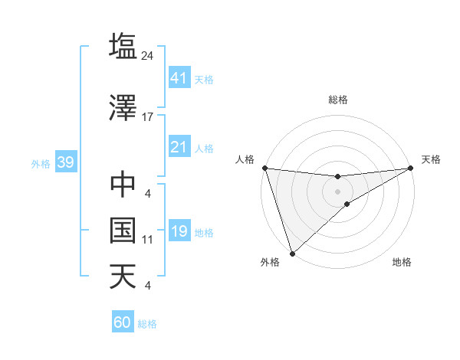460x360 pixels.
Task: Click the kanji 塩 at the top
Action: point(123,45)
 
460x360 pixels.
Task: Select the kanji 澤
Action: point(123,109)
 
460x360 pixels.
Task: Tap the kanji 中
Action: point(123,185)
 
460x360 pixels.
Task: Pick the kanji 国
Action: point(123,230)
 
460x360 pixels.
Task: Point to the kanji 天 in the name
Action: point(123,276)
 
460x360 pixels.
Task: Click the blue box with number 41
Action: point(179,78)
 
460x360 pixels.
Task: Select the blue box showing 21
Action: point(179,147)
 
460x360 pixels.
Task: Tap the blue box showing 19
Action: point(179,231)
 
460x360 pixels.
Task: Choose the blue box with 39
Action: point(65,163)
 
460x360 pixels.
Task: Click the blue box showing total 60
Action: point(123,322)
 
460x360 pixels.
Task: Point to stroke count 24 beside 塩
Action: point(148,55)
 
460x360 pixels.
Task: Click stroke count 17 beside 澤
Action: point(148,117)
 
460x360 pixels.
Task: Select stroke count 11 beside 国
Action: point(148,240)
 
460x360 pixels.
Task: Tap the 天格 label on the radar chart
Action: point(431,159)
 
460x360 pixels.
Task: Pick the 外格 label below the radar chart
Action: point(270,263)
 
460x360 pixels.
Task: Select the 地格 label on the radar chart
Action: point(402,263)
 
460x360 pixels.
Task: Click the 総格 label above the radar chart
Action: point(337,100)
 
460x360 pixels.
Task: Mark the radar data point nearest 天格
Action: point(411,168)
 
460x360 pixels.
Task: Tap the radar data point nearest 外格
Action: point(291,253)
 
